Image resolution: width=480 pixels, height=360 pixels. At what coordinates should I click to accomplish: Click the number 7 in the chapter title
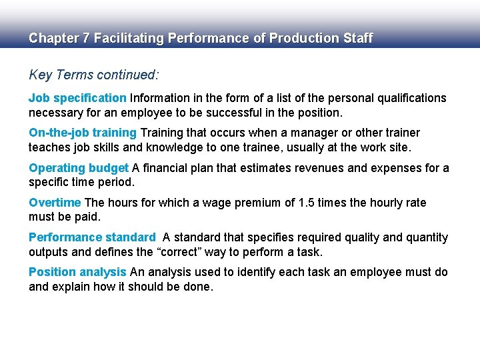coord(86,38)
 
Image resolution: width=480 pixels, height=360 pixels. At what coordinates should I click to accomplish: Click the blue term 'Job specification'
coord(77,98)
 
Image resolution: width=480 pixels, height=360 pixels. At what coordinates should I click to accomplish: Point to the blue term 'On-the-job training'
coord(82,133)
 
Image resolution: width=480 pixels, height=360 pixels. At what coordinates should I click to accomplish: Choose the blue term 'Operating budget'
coord(78,168)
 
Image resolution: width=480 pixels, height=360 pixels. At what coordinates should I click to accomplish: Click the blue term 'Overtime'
coord(55,203)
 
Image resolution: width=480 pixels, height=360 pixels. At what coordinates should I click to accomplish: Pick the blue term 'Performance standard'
coord(92,237)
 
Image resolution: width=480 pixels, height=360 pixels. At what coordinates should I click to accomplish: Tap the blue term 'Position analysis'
coord(77,272)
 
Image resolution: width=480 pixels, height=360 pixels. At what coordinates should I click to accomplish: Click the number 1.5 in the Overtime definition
coord(305,203)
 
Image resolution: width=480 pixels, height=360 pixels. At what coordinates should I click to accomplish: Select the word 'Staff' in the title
coord(357,38)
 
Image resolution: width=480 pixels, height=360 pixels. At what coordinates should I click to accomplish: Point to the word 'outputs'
coord(49,252)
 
